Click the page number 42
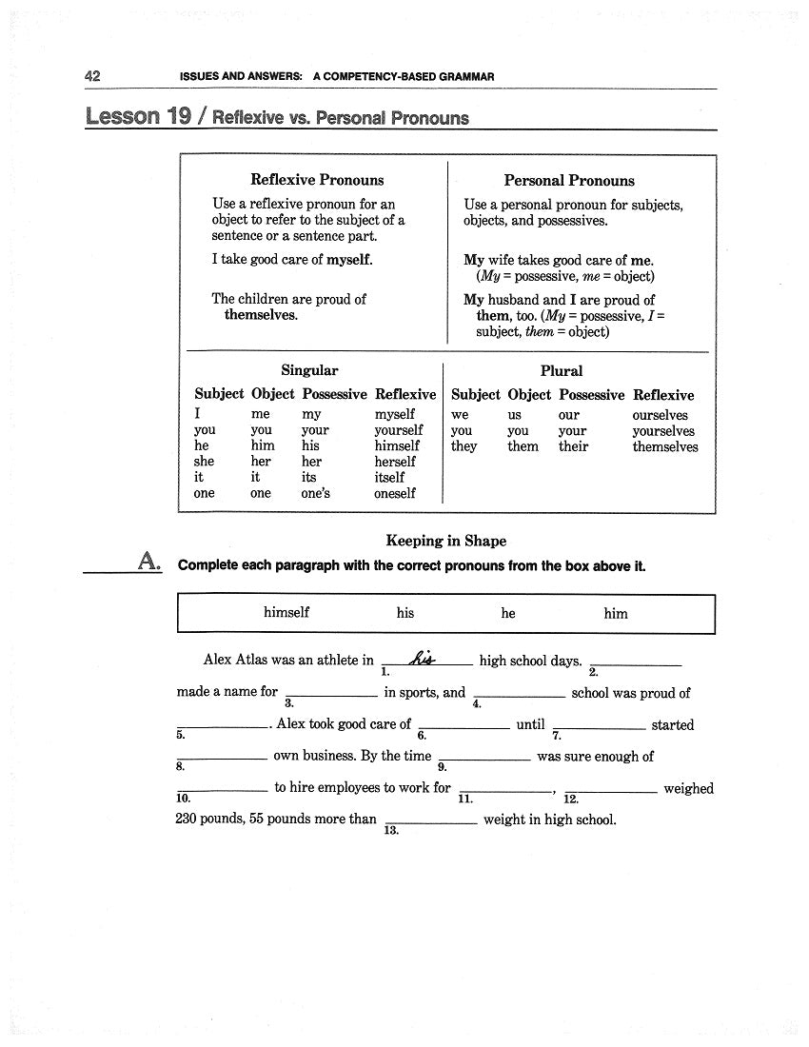[x=93, y=76]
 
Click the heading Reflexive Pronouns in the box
[x=317, y=179]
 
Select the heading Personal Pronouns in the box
[x=568, y=180]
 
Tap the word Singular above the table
[x=309, y=370]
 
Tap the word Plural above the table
[x=561, y=370]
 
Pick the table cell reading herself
[x=395, y=462]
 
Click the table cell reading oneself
[x=395, y=493]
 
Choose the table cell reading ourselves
[x=660, y=415]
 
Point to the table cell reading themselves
[x=665, y=446]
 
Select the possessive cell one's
[x=316, y=493]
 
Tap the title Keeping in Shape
[x=445, y=541]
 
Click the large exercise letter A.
[x=148, y=562]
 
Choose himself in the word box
[x=286, y=613]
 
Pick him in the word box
[x=616, y=614]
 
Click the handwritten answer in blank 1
[x=422, y=658]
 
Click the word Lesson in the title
[x=123, y=116]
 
